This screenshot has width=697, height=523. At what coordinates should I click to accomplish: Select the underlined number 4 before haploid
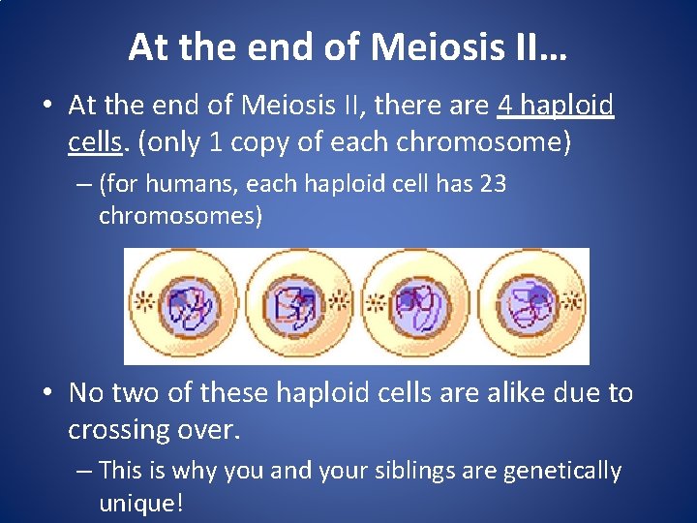point(507,105)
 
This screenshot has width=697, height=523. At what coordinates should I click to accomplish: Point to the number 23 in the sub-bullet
point(493,184)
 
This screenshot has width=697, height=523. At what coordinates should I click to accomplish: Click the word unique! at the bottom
point(141,504)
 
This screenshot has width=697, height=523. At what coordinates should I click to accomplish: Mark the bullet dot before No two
point(46,393)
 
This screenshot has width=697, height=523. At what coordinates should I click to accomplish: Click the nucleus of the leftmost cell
point(191,305)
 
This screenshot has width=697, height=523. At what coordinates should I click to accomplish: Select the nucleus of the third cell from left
point(420,305)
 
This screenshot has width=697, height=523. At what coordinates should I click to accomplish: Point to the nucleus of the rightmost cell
point(530,305)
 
